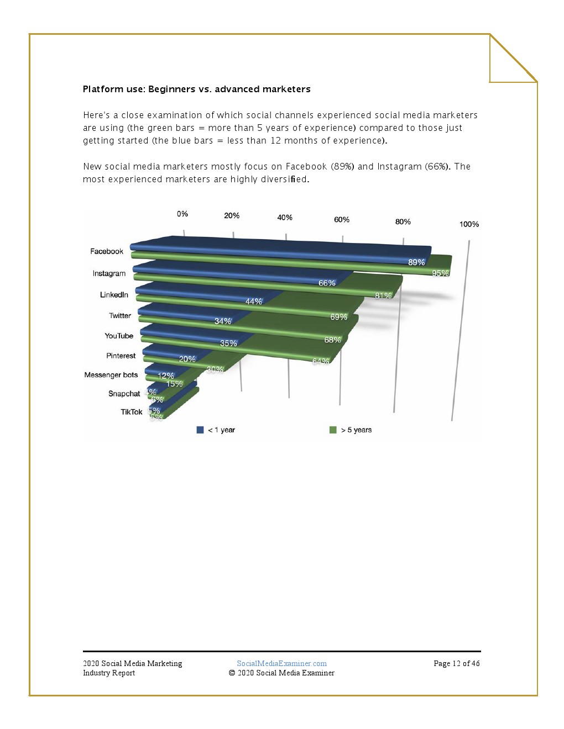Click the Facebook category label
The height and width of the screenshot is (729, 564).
click(x=107, y=251)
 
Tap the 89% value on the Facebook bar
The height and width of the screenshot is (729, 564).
click(x=416, y=262)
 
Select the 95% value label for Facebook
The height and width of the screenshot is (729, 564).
click(x=440, y=273)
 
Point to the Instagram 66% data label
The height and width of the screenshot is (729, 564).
click(x=327, y=283)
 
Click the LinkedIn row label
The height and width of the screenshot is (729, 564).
click(x=114, y=295)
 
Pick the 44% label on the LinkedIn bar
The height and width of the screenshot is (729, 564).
click(x=254, y=302)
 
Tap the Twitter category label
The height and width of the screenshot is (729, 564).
click(x=120, y=316)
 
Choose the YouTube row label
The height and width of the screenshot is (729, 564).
click(x=119, y=336)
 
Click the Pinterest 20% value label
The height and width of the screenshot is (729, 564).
click(x=187, y=359)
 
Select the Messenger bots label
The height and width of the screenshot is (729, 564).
click(x=111, y=375)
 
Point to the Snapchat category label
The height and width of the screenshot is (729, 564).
click(x=124, y=394)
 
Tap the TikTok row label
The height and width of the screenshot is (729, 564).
click(x=132, y=412)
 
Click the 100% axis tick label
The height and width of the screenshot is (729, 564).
click(x=469, y=224)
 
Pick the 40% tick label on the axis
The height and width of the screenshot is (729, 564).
click(x=285, y=218)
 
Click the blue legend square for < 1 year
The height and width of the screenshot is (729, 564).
click(x=200, y=430)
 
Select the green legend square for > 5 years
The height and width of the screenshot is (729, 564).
click(x=333, y=430)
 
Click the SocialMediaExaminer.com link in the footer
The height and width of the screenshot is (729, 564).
click(x=281, y=663)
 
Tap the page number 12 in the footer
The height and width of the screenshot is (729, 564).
click(x=456, y=663)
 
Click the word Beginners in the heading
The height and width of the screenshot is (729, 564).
click(x=171, y=89)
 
